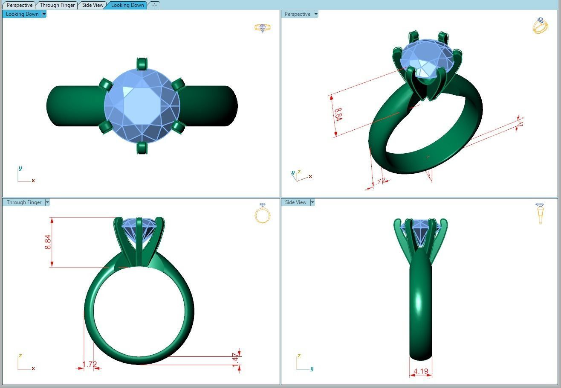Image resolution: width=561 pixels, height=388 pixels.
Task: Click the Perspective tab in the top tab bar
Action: [x=20, y=5]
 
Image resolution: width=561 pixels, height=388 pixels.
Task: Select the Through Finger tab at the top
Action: [x=57, y=5]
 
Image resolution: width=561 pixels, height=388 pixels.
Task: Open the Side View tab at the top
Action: [x=93, y=5]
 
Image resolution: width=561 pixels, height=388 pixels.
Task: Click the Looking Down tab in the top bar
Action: [x=127, y=5]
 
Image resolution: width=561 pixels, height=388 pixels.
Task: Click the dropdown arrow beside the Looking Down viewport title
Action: [x=44, y=14]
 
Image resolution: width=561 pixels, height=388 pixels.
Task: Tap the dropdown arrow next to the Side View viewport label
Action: [x=312, y=202]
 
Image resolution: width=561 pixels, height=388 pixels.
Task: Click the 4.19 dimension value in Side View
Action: [x=420, y=371]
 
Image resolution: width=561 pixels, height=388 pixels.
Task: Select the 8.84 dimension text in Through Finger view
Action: [x=48, y=242]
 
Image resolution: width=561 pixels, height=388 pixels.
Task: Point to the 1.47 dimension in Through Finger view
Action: [x=235, y=359]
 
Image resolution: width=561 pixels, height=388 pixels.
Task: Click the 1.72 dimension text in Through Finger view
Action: [x=90, y=364]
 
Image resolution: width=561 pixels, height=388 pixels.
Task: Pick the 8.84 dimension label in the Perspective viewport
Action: [x=338, y=114]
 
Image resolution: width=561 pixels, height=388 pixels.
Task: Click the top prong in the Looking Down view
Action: [x=142, y=64]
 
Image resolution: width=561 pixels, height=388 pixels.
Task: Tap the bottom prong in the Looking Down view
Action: [x=142, y=148]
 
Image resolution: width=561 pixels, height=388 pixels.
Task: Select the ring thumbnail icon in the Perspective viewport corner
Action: [x=540, y=26]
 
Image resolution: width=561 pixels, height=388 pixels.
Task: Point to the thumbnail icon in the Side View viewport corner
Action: [x=540, y=213]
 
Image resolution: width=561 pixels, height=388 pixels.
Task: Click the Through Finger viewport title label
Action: [x=24, y=202]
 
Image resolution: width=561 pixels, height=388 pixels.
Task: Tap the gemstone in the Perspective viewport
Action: [x=426, y=58]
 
